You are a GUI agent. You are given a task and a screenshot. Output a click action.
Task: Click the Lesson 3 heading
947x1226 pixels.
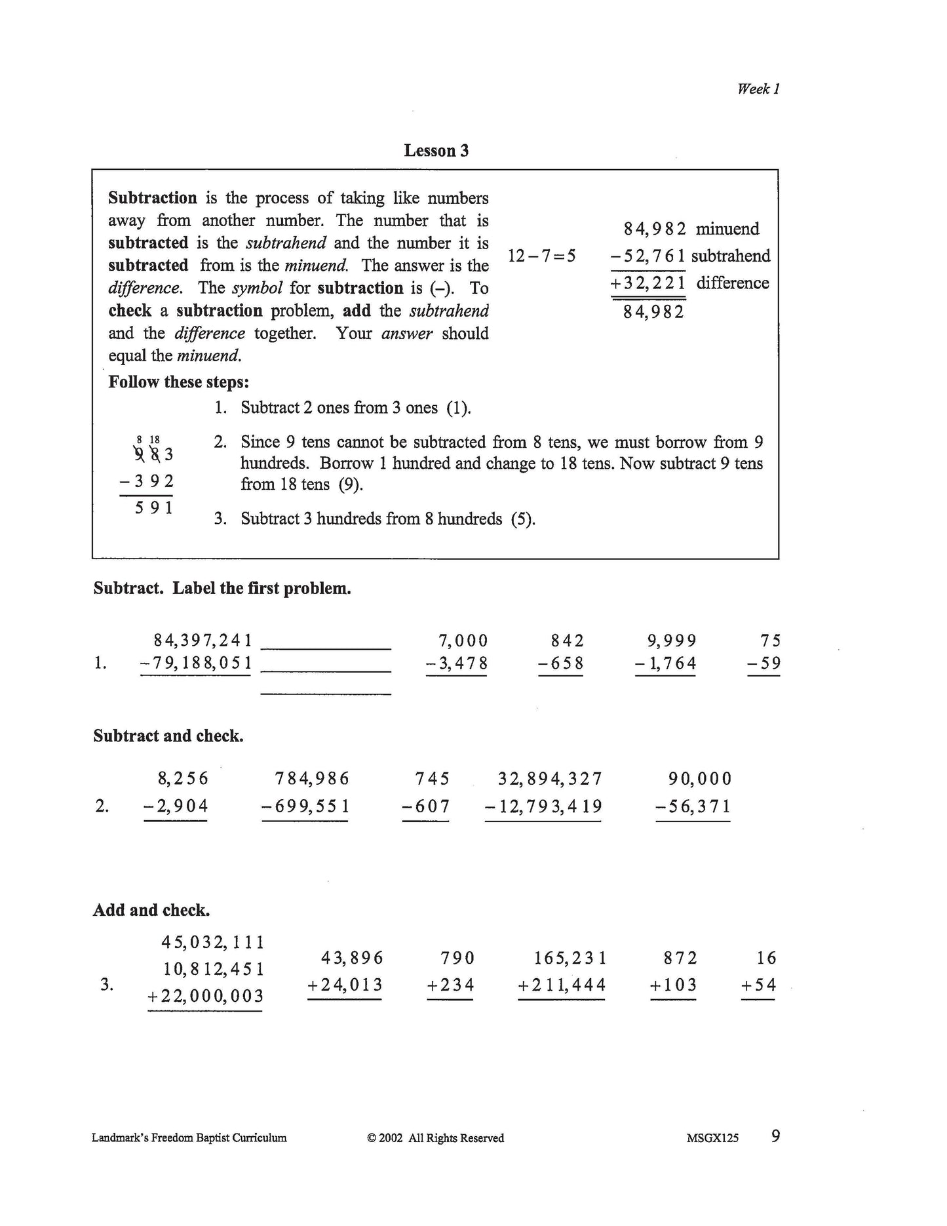pyautogui.click(x=436, y=151)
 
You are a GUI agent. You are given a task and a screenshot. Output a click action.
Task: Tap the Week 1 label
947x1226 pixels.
pyautogui.click(x=758, y=89)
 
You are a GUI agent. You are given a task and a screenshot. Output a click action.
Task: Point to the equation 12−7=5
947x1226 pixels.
pyautogui.click(x=541, y=256)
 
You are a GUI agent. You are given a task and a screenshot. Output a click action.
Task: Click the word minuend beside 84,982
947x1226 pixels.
pyautogui.click(x=727, y=229)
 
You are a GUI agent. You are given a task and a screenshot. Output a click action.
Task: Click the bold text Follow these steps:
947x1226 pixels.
pyautogui.click(x=178, y=382)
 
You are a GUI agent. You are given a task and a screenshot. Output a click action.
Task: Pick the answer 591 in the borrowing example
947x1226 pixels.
pyautogui.click(x=154, y=507)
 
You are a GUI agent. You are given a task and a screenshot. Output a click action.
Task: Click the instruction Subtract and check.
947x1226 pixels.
pyautogui.click(x=168, y=736)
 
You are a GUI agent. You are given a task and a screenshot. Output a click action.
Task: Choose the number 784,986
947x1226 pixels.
pyautogui.click(x=312, y=779)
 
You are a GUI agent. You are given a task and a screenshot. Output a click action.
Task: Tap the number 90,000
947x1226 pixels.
pyautogui.click(x=699, y=779)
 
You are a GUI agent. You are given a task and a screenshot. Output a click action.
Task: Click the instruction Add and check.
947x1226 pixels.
pyautogui.click(x=151, y=911)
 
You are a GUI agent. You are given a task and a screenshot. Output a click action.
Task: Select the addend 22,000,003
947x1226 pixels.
pyautogui.click(x=211, y=997)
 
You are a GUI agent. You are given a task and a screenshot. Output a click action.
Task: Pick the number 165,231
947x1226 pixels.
pyautogui.click(x=570, y=959)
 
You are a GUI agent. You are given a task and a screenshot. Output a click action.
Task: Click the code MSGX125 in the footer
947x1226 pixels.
pyautogui.click(x=712, y=1138)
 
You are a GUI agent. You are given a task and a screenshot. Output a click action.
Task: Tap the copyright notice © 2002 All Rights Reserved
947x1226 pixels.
pyautogui.click(x=436, y=1138)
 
